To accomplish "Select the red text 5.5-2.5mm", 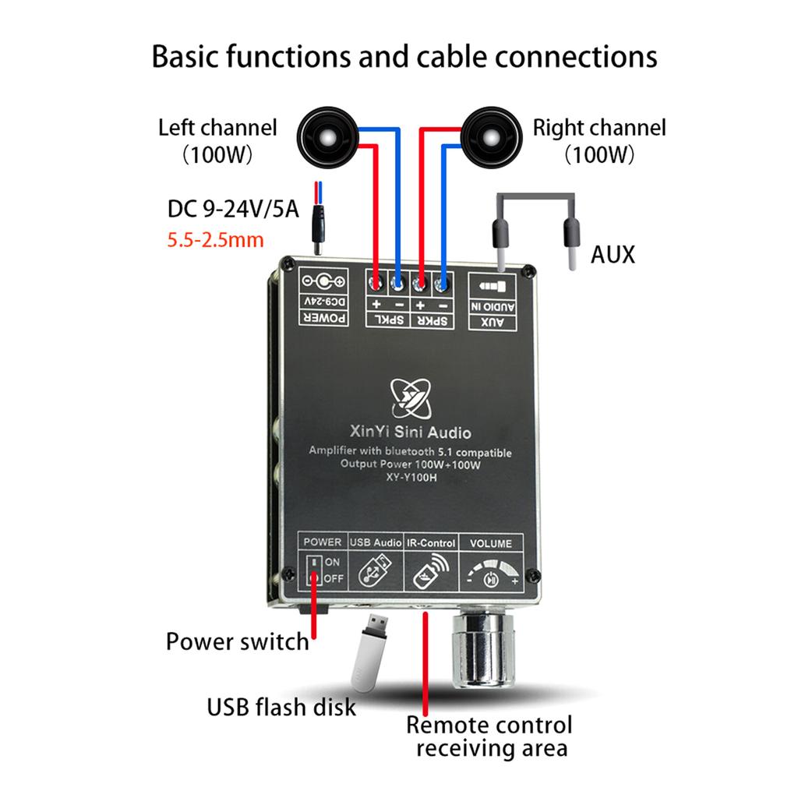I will click(216, 239).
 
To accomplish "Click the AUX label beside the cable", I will click(613, 254).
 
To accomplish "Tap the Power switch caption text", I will click(238, 642).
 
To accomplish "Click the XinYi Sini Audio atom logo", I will click(411, 398).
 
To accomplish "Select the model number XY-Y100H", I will click(411, 479).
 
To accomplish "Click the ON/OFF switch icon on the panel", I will click(313, 570).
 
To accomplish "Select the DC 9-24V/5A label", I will click(233, 209).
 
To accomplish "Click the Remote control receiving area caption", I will click(489, 736).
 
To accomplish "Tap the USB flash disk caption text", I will click(281, 707).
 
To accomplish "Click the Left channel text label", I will click(217, 127).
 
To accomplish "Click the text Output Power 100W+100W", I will click(411, 465).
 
